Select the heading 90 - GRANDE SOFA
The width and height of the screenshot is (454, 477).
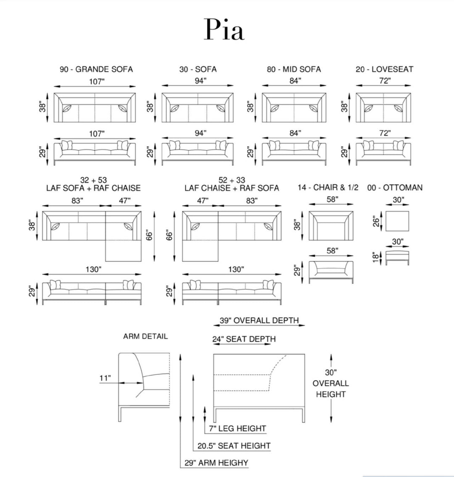96,69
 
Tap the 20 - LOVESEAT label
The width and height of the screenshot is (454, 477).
384,69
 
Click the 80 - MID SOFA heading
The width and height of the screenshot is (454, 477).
293,69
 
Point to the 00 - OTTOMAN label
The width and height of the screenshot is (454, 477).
395,188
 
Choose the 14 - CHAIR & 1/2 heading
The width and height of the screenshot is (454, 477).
328,188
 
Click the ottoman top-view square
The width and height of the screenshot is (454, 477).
396,221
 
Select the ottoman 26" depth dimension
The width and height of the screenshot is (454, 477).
376,221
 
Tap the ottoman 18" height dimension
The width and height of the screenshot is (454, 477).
376,257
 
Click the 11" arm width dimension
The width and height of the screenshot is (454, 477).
105,378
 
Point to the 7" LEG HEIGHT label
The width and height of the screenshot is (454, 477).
238,429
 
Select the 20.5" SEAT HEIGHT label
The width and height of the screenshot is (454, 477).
234,446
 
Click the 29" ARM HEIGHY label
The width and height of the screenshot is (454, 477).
216,463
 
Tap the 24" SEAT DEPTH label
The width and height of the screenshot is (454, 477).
244,339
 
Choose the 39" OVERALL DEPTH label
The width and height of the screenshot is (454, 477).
259,321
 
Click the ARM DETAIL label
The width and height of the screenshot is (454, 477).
145,336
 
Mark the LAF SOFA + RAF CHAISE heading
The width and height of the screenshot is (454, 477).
93,188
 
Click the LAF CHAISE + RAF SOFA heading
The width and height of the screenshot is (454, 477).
232,188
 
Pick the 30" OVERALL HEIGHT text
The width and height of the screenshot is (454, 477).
331,383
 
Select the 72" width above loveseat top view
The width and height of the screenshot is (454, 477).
384,81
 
